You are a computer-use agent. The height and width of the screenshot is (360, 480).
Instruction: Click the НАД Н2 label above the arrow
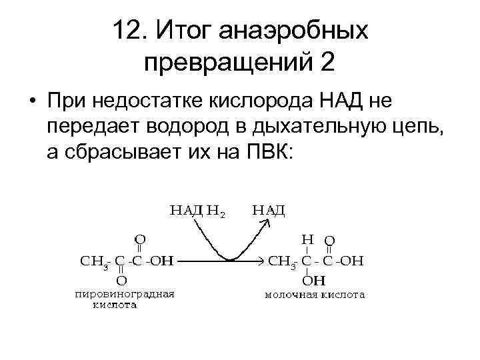pyautogui.click(x=198, y=211)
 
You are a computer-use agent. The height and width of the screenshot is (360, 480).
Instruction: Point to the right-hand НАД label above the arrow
pyautogui.click(x=269, y=211)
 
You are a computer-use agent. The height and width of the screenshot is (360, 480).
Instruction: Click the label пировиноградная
pyautogui.click(x=125, y=294)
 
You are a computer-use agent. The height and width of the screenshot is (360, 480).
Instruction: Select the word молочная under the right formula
pyautogui.click(x=291, y=294)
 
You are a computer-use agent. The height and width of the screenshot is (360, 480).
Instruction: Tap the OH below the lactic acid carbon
pyautogui.click(x=309, y=281)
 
